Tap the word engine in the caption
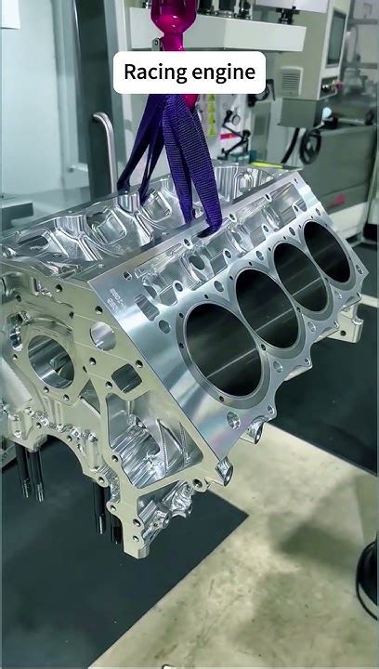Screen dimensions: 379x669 223,72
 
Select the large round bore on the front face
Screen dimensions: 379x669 50,361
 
